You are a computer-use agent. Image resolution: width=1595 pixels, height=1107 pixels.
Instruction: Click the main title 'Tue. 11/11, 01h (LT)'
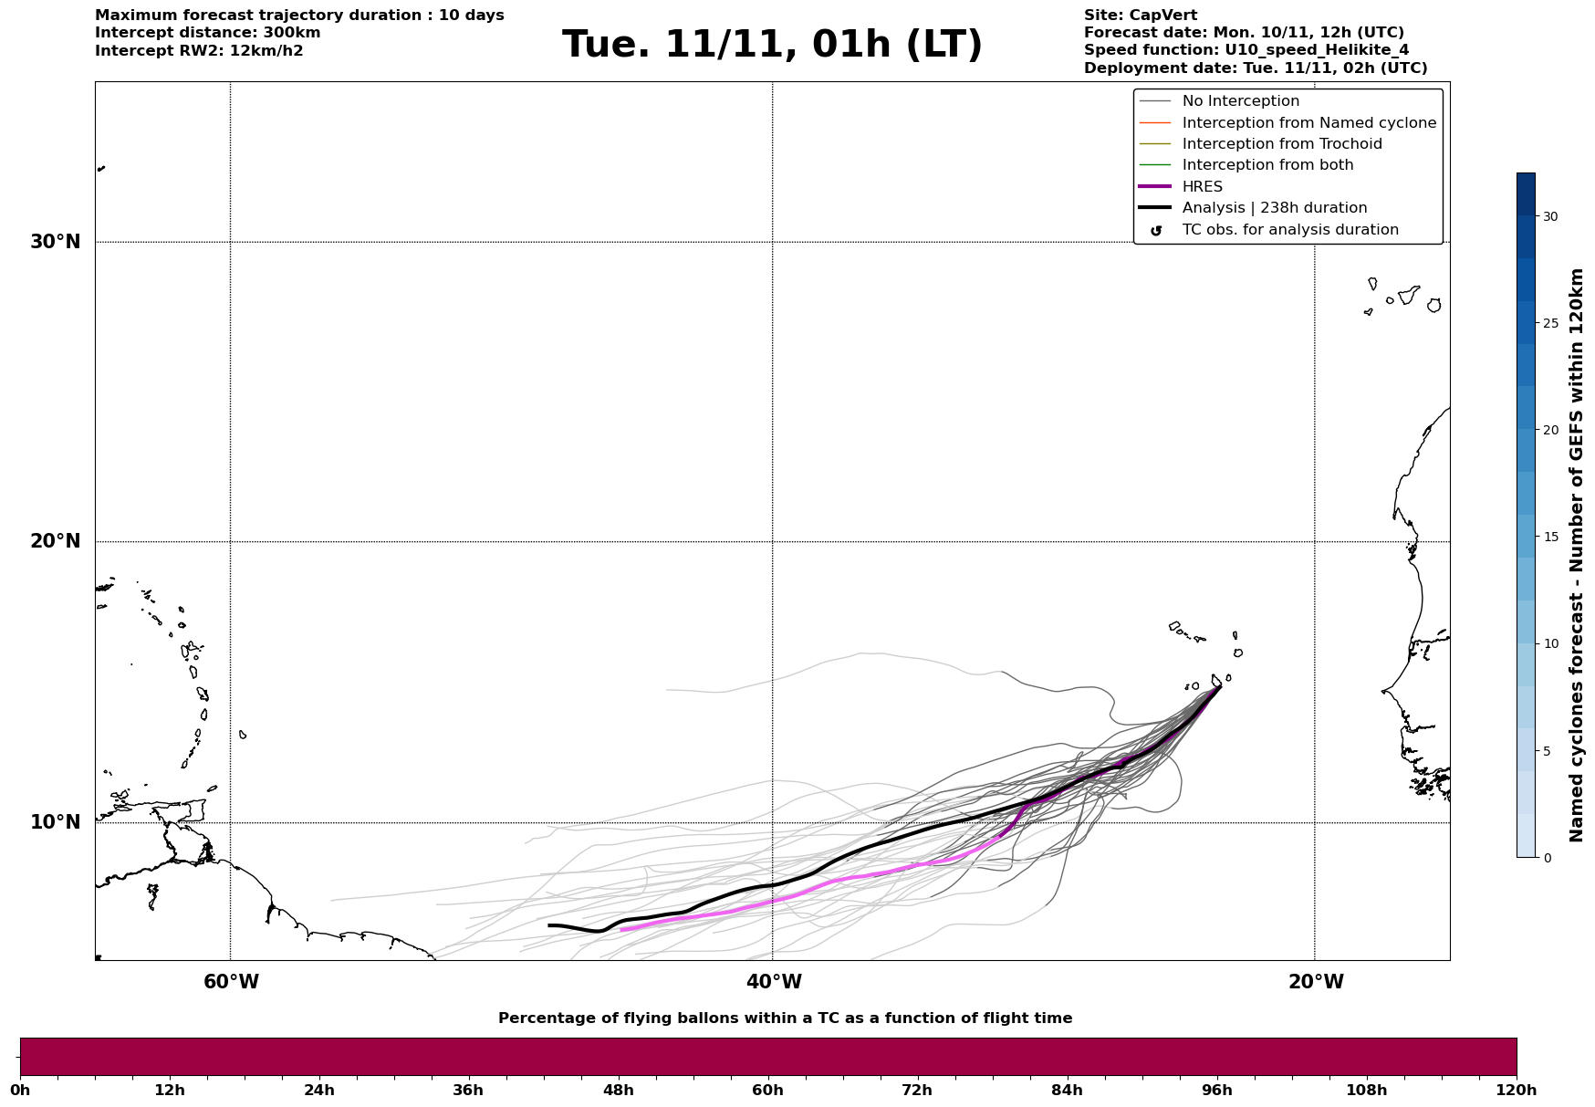(772, 45)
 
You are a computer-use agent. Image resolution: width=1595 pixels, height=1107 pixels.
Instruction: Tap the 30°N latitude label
(56, 242)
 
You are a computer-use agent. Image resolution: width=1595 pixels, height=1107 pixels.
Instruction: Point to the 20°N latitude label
(56, 541)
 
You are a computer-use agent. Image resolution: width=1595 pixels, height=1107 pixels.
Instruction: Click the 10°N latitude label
(56, 822)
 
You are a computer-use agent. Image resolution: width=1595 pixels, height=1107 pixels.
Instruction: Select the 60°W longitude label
(231, 982)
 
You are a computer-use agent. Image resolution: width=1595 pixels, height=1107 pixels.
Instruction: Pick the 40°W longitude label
(773, 982)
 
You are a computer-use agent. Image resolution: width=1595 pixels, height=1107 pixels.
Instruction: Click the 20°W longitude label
(1315, 982)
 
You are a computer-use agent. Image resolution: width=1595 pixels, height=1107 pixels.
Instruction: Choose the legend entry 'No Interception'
(1240, 101)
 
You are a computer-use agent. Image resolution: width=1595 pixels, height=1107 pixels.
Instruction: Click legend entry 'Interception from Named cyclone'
(1308, 123)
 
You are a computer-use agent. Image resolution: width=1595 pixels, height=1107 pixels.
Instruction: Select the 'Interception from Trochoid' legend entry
(1281, 144)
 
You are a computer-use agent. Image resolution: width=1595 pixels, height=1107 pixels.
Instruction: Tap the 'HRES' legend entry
(1202, 187)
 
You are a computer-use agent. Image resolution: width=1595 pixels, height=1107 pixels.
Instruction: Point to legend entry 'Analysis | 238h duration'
(1274, 208)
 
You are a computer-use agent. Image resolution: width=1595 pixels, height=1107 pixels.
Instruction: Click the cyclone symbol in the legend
(1156, 231)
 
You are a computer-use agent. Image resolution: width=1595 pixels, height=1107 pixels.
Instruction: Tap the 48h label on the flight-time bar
(618, 1090)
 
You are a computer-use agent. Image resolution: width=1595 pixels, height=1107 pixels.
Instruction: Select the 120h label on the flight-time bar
(1516, 1090)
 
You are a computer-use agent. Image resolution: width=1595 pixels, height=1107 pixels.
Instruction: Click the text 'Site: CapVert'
(1140, 16)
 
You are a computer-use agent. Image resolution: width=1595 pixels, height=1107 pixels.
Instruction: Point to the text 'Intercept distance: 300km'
(207, 33)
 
